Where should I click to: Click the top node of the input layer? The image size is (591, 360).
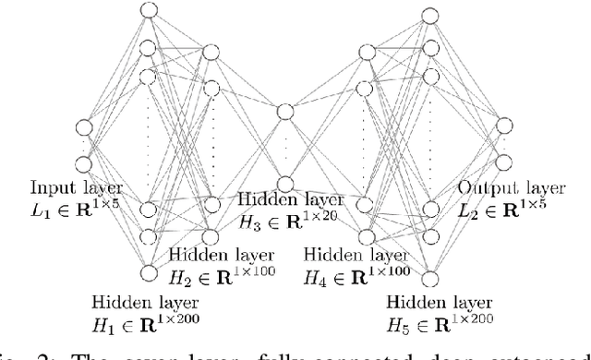tap(84, 127)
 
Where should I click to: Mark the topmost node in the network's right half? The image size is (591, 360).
tap(428, 15)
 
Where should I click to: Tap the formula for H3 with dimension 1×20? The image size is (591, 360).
tap(290, 219)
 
